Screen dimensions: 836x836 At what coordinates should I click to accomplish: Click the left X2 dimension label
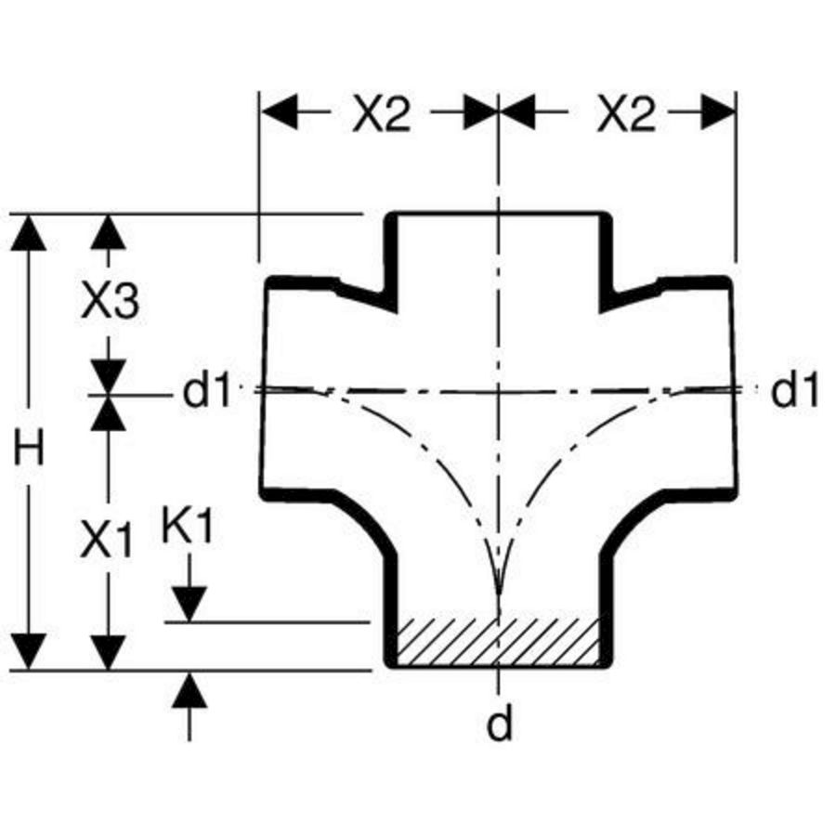tap(382, 113)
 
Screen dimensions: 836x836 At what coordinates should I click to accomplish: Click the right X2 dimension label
tap(625, 113)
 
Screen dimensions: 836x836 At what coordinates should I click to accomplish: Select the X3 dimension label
tap(111, 301)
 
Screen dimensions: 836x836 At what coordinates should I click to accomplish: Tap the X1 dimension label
tap(106, 539)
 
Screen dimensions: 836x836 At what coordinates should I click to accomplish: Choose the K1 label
tap(187, 524)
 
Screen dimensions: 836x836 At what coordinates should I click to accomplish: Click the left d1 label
tap(206, 390)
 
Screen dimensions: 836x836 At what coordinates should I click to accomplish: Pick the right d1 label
tap(794, 390)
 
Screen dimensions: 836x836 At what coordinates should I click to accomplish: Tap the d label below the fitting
tap(499, 723)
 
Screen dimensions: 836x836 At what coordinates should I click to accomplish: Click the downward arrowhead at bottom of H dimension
tap(28, 651)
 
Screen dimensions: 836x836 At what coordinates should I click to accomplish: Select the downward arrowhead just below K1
tap(189, 604)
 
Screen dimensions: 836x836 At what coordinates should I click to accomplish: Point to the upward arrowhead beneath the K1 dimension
tap(189, 690)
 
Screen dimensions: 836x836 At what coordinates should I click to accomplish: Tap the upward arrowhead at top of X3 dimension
tap(109, 232)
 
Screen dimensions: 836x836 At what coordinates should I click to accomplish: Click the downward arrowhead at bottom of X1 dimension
tap(109, 652)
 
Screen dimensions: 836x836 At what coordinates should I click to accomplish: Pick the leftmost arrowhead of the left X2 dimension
tap(279, 112)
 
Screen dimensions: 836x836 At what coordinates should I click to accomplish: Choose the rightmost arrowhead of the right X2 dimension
tap(718, 112)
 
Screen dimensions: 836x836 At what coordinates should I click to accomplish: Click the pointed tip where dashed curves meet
tap(499, 593)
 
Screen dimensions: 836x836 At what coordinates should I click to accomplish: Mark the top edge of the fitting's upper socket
tap(499, 214)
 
